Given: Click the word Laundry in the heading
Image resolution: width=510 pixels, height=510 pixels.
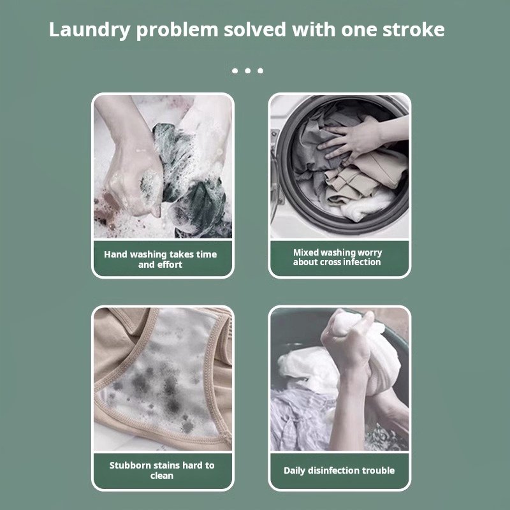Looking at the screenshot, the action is [89, 30].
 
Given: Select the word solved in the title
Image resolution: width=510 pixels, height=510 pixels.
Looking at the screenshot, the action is [254, 29].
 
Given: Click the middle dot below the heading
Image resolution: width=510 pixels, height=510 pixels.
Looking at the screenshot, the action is [248, 71].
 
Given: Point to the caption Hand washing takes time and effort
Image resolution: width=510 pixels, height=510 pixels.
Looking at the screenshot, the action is [161, 259].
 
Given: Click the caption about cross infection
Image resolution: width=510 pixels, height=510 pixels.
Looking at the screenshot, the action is [337, 258].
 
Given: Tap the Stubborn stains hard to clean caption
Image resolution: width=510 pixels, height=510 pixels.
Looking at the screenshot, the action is [162, 470].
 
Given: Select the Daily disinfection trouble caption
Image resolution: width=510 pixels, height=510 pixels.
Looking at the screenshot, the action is [339, 470].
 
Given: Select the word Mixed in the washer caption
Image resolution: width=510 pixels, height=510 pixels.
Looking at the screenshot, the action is [305, 252].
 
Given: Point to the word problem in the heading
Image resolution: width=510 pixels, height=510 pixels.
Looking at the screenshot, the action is [177, 31].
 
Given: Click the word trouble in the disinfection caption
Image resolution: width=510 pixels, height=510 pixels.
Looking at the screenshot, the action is [378, 470].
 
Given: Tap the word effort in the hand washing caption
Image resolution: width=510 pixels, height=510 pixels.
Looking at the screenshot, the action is [170, 265].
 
